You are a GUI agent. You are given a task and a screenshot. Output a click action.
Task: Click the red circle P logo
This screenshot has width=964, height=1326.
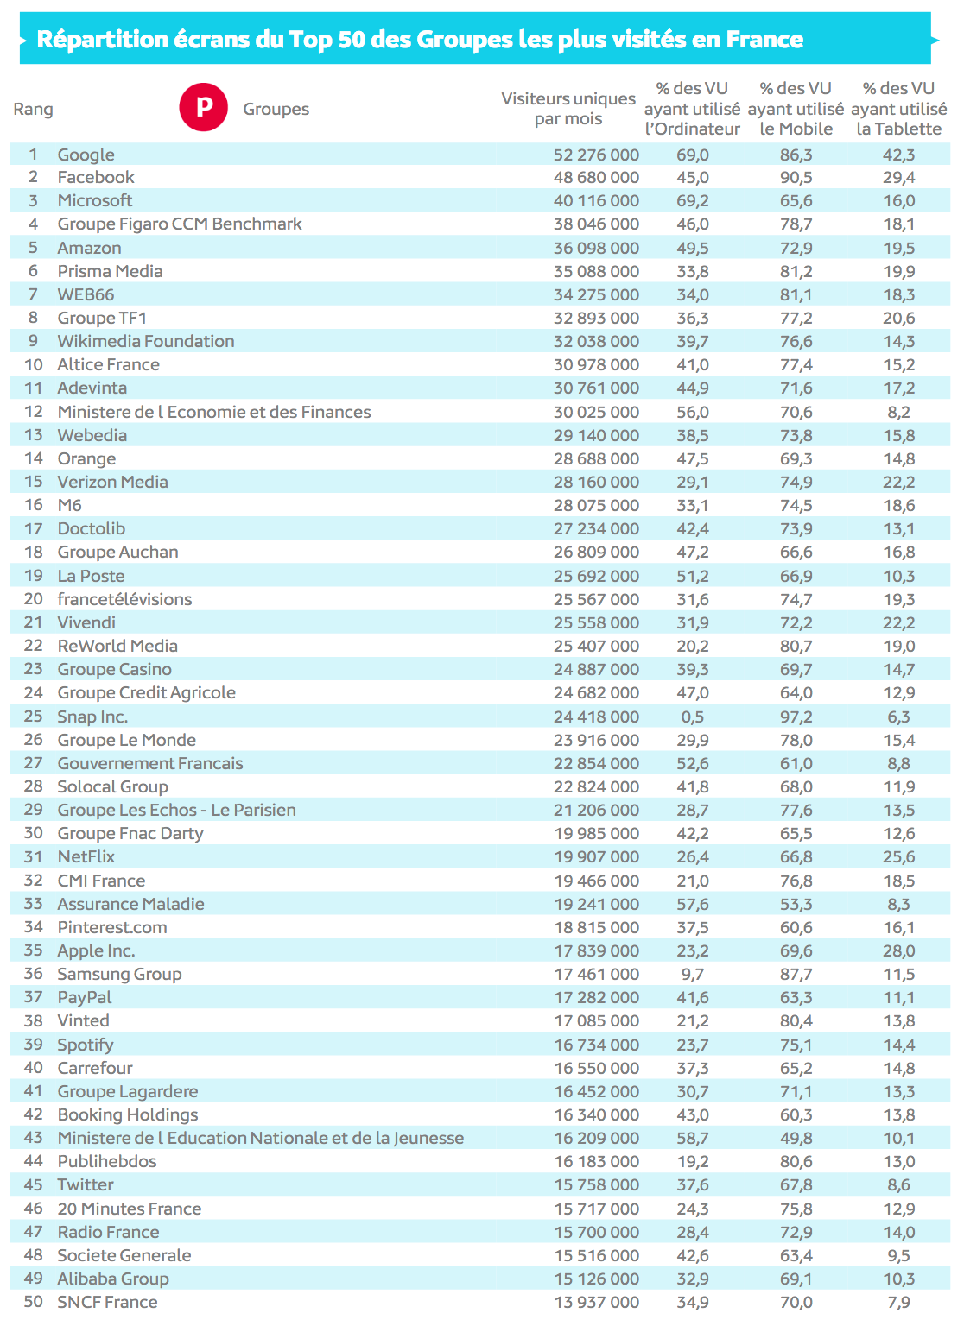click(x=203, y=108)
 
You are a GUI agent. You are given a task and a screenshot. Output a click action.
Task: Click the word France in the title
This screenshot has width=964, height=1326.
click(x=764, y=40)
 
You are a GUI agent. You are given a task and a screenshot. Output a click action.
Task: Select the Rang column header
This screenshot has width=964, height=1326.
click(x=33, y=110)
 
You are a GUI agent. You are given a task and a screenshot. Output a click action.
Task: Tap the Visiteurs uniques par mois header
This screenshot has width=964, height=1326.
click(x=568, y=109)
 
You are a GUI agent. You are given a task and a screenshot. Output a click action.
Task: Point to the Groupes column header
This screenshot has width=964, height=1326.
click(x=276, y=110)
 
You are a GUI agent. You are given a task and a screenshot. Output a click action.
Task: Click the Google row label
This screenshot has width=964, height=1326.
click(x=86, y=155)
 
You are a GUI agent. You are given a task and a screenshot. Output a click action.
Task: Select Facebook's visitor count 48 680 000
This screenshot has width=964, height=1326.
click(x=596, y=178)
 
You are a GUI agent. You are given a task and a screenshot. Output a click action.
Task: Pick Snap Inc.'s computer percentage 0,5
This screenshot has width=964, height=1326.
click(x=692, y=717)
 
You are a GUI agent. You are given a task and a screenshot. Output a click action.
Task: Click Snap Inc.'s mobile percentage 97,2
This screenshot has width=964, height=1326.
click(x=796, y=717)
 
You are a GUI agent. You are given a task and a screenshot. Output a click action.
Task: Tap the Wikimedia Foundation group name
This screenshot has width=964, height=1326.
click(x=146, y=341)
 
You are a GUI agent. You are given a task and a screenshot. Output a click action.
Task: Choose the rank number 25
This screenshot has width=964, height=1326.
click(x=33, y=717)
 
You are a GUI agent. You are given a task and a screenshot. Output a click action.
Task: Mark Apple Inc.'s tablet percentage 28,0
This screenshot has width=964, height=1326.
click(x=898, y=950)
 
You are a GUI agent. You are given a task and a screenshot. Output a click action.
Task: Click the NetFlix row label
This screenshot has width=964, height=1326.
click(x=86, y=856)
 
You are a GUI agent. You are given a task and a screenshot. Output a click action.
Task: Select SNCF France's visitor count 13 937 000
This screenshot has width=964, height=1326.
click(x=596, y=1302)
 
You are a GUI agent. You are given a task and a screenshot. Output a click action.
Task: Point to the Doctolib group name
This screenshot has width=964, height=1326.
click(x=91, y=528)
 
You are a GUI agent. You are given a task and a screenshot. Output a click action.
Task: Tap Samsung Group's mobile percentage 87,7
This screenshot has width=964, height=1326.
click(x=796, y=974)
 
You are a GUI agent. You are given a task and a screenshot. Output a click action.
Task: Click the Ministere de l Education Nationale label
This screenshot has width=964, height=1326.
click(x=260, y=1138)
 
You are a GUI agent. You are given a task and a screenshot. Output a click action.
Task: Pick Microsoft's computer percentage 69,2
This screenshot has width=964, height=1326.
click(x=692, y=201)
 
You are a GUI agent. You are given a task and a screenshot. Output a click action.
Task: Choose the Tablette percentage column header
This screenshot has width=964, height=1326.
click(x=898, y=109)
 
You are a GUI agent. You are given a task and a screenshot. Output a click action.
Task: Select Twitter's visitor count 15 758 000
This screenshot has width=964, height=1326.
click(x=596, y=1184)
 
